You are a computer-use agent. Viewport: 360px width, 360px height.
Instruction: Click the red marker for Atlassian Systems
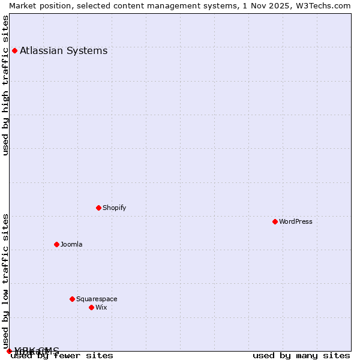(14, 50)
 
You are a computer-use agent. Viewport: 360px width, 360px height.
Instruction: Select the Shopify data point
(98, 208)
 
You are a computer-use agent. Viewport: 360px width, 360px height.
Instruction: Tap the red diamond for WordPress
(275, 221)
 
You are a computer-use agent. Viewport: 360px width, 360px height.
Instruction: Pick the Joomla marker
(56, 244)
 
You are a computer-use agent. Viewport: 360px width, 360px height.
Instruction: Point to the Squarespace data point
(72, 299)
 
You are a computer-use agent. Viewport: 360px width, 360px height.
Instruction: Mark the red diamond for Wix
(91, 307)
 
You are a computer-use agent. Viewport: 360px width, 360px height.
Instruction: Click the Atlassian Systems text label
(64, 50)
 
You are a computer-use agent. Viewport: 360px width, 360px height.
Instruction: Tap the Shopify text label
(114, 208)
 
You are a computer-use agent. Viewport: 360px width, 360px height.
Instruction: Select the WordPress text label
(295, 221)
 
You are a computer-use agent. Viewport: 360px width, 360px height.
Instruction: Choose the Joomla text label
(71, 244)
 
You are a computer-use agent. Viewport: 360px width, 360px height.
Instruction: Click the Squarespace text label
(97, 299)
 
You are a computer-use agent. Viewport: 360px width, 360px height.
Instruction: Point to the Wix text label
(101, 307)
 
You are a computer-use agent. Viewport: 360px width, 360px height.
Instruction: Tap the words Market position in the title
(38, 5)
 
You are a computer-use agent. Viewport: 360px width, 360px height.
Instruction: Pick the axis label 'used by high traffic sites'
(5, 85)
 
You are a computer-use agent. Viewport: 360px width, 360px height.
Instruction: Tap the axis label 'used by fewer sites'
(62, 355)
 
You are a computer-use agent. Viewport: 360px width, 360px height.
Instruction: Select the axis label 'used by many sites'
(301, 355)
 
